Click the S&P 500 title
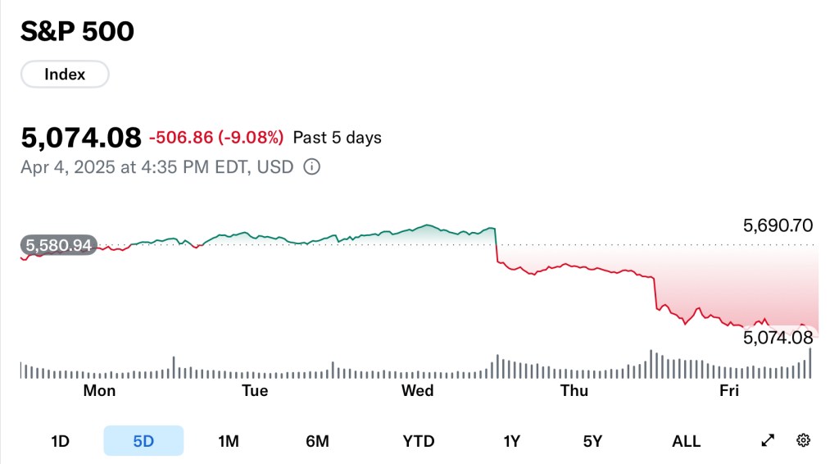tap(77, 31)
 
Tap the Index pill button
tap(65, 75)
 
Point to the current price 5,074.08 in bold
tap(80, 137)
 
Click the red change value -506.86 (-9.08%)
tap(216, 137)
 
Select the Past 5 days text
tap(337, 138)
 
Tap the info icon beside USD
tap(311, 167)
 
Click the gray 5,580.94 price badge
tap(59, 244)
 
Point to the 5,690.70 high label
tap(778, 225)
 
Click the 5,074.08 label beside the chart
tap(778, 337)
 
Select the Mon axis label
tap(99, 391)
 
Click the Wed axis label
tap(417, 391)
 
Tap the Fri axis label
tap(729, 391)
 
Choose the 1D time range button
tap(60, 441)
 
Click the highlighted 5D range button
tap(143, 441)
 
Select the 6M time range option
tap(317, 441)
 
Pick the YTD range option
tap(419, 441)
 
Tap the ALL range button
tap(686, 441)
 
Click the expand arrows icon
tap(768, 441)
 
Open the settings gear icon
tap(803, 441)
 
